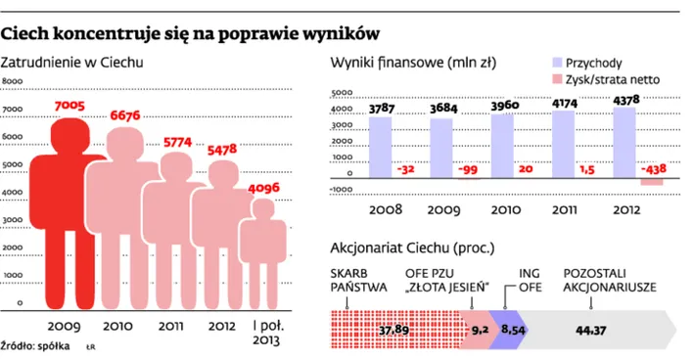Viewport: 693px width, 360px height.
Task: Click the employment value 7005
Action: click(66, 106)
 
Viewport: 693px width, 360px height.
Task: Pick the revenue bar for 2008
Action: click(381, 146)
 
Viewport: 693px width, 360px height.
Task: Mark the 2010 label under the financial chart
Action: click(502, 208)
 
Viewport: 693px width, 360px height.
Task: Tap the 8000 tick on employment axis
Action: click(13, 82)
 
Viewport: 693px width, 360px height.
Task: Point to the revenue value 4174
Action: click(564, 103)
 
